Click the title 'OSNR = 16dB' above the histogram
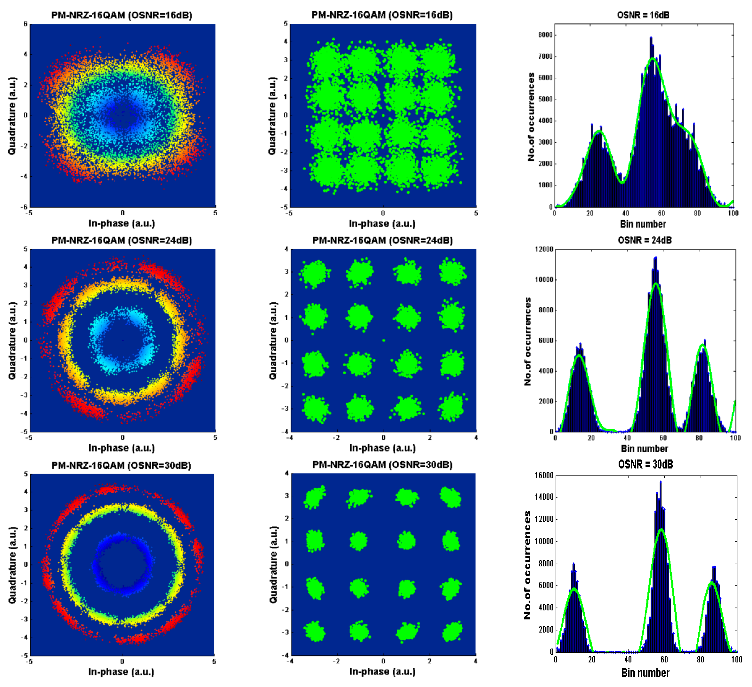643,15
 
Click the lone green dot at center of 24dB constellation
384,340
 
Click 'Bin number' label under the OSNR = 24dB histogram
644,448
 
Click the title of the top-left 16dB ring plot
122,15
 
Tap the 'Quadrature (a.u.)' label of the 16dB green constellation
272,116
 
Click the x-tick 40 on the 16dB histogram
626,214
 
